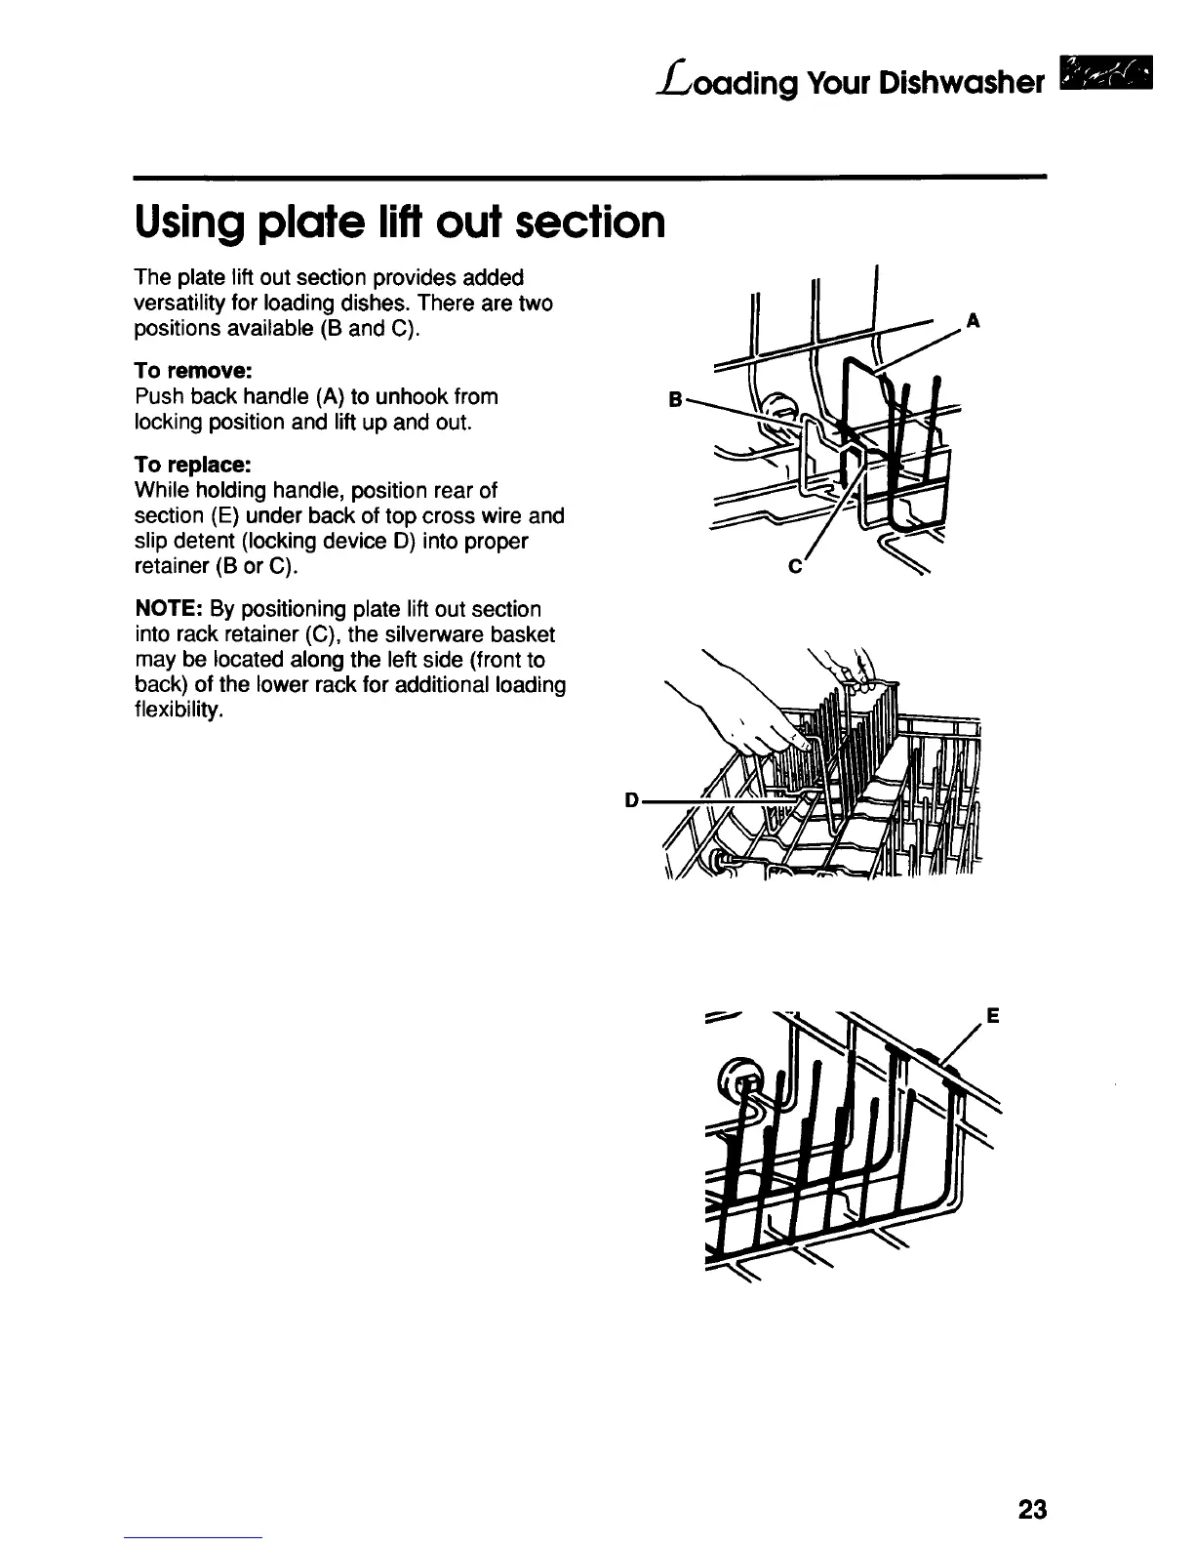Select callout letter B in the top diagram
(673, 398)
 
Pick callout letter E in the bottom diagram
(992, 1015)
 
